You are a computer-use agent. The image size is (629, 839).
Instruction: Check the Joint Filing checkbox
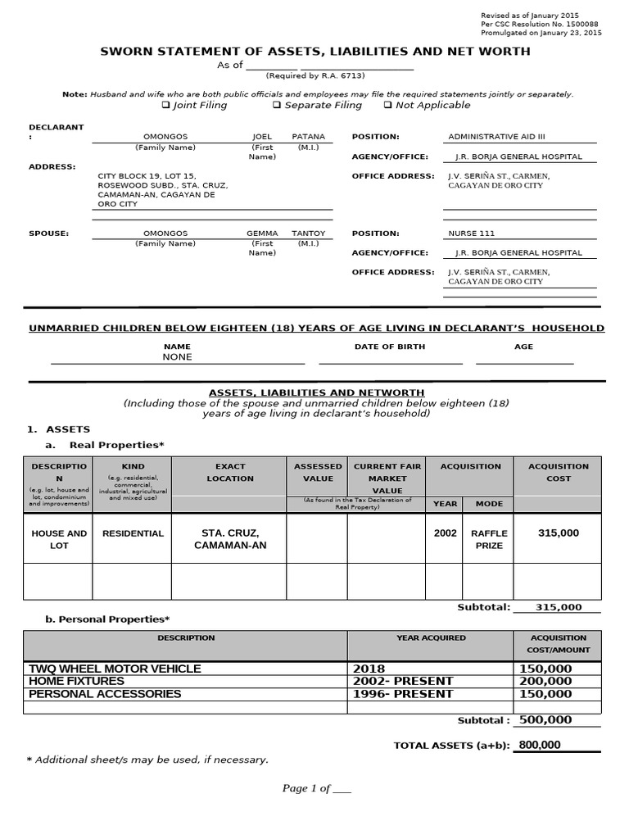pyautogui.click(x=165, y=106)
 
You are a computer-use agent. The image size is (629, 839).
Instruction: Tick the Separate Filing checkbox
pyautogui.click(x=277, y=106)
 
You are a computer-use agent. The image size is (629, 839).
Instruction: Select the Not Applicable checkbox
pyautogui.click(x=387, y=106)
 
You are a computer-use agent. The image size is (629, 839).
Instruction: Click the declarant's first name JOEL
pyautogui.click(x=261, y=136)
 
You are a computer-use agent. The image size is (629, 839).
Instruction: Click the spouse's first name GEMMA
pyautogui.click(x=262, y=234)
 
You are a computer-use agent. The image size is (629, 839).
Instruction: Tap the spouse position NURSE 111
pyautogui.click(x=471, y=234)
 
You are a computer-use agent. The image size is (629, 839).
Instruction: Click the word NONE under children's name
pyautogui.click(x=177, y=357)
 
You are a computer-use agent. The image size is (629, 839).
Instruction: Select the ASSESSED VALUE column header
pyautogui.click(x=318, y=472)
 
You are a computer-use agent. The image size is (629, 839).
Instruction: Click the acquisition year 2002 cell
pyautogui.click(x=445, y=533)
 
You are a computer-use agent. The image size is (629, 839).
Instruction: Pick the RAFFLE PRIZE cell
pyautogui.click(x=489, y=539)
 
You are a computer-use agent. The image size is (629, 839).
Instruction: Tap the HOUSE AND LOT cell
pyautogui.click(x=59, y=539)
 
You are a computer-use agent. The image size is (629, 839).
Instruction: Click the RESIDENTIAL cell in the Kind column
pyautogui.click(x=133, y=533)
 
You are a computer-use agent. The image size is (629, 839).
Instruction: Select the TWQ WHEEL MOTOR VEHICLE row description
pyautogui.click(x=115, y=669)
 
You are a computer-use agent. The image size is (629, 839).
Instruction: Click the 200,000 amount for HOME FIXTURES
pyautogui.click(x=545, y=681)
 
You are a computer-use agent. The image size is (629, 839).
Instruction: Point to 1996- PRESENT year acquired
pyautogui.click(x=403, y=694)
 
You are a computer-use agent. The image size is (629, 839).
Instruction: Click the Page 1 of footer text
pyautogui.click(x=316, y=788)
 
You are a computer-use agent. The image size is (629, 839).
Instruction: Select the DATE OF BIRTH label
pyautogui.click(x=389, y=347)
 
